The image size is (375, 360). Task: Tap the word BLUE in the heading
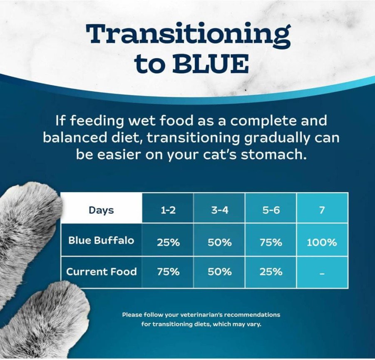pos(211,64)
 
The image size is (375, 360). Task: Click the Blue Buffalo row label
pos(101,240)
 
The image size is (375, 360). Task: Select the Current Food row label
pos(102,272)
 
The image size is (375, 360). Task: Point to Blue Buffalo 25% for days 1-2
pos(168,242)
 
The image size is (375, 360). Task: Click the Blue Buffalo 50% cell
pos(219,242)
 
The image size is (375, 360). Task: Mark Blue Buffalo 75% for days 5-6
pos(271,242)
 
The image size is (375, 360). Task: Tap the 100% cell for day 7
pos(322,242)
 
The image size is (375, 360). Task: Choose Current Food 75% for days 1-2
pos(168,272)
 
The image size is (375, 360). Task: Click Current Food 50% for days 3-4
pos(219,272)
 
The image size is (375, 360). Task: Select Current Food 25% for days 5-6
pos(271,272)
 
